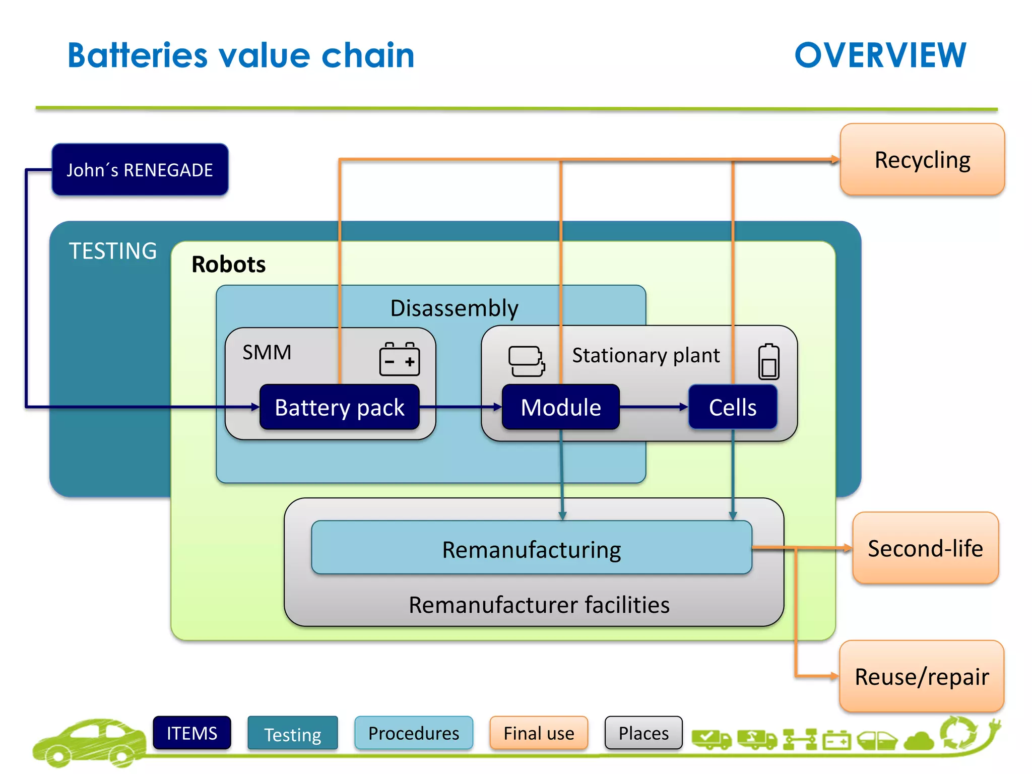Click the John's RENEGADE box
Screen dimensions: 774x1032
(x=140, y=170)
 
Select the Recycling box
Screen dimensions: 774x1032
(x=922, y=160)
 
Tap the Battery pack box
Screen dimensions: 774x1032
(x=339, y=407)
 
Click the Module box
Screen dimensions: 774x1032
(x=560, y=407)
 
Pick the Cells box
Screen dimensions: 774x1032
(x=732, y=407)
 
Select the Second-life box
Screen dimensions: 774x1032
(x=925, y=548)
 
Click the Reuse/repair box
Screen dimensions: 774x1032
(x=922, y=676)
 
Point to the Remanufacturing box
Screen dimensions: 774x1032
(x=531, y=548)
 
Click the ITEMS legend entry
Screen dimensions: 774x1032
(x=192, y=733)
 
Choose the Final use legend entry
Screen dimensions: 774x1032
(x=539, y=733)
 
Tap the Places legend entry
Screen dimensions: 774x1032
(x=643, y=733)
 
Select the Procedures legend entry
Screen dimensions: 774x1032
(x=414, y=733)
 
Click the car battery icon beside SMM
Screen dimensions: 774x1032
(x=400, y=359)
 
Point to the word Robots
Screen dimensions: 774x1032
(x=228, y=265)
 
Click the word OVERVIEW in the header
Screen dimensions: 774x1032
(x=880, y=55)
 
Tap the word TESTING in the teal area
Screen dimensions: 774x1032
(x=113, y=251)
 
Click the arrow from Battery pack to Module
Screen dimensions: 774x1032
(x=460, y=407)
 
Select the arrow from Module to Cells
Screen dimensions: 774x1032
(x=654, y=407)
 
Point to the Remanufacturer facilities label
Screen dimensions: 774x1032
(x=539, y=605)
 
